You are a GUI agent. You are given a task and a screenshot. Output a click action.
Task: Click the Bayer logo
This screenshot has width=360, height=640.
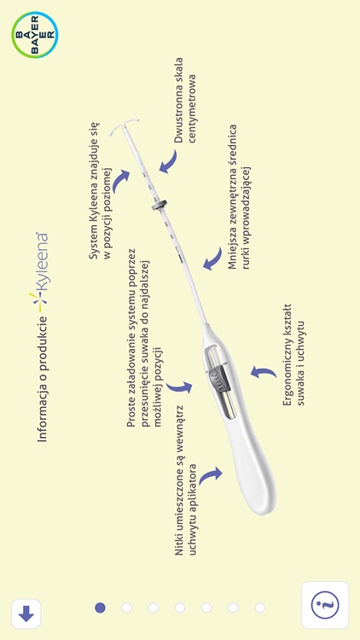[x=35, y=34]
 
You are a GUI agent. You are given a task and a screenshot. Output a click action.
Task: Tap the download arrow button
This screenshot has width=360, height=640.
[x=26, y=613]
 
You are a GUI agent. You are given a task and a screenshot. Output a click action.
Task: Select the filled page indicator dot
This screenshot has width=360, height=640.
[x=100, y=608]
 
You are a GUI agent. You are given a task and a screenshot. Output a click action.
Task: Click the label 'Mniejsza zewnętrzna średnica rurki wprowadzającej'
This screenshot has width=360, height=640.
[x=238, y=196]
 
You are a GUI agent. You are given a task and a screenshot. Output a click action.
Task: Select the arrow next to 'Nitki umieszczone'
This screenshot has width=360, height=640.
[x=209, y=476]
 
